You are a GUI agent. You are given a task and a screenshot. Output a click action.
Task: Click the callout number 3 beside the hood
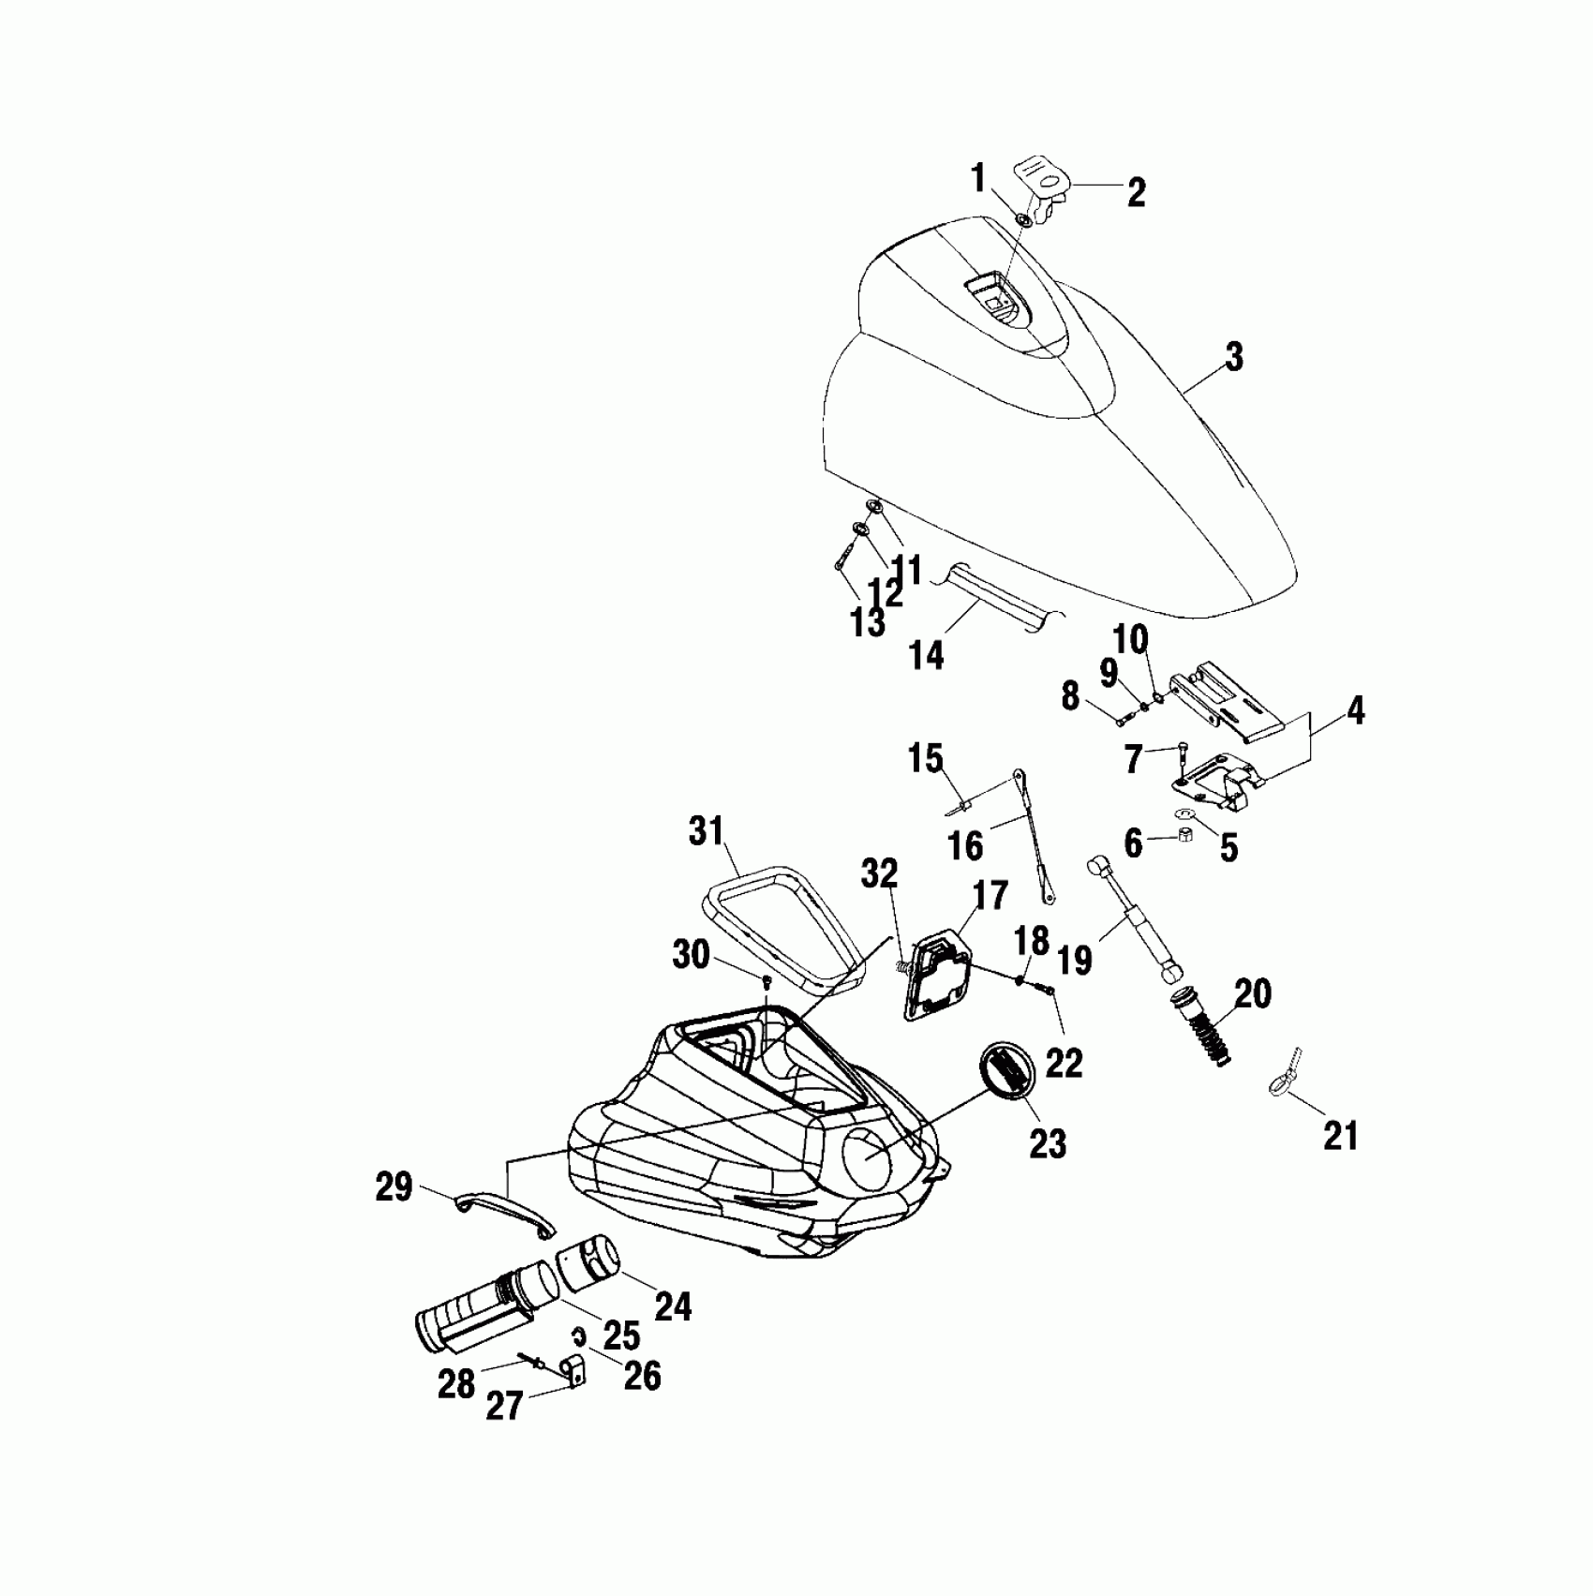[x=1233, y=357]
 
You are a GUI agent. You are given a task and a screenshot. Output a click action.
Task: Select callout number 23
[x=1047, y=1142]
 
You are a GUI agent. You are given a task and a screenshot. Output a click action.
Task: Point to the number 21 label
[x=1340, y=1136]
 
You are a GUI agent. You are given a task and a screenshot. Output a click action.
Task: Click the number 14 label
[x=926, y=655]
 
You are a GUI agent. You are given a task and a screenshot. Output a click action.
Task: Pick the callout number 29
[x=394, y=1187]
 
